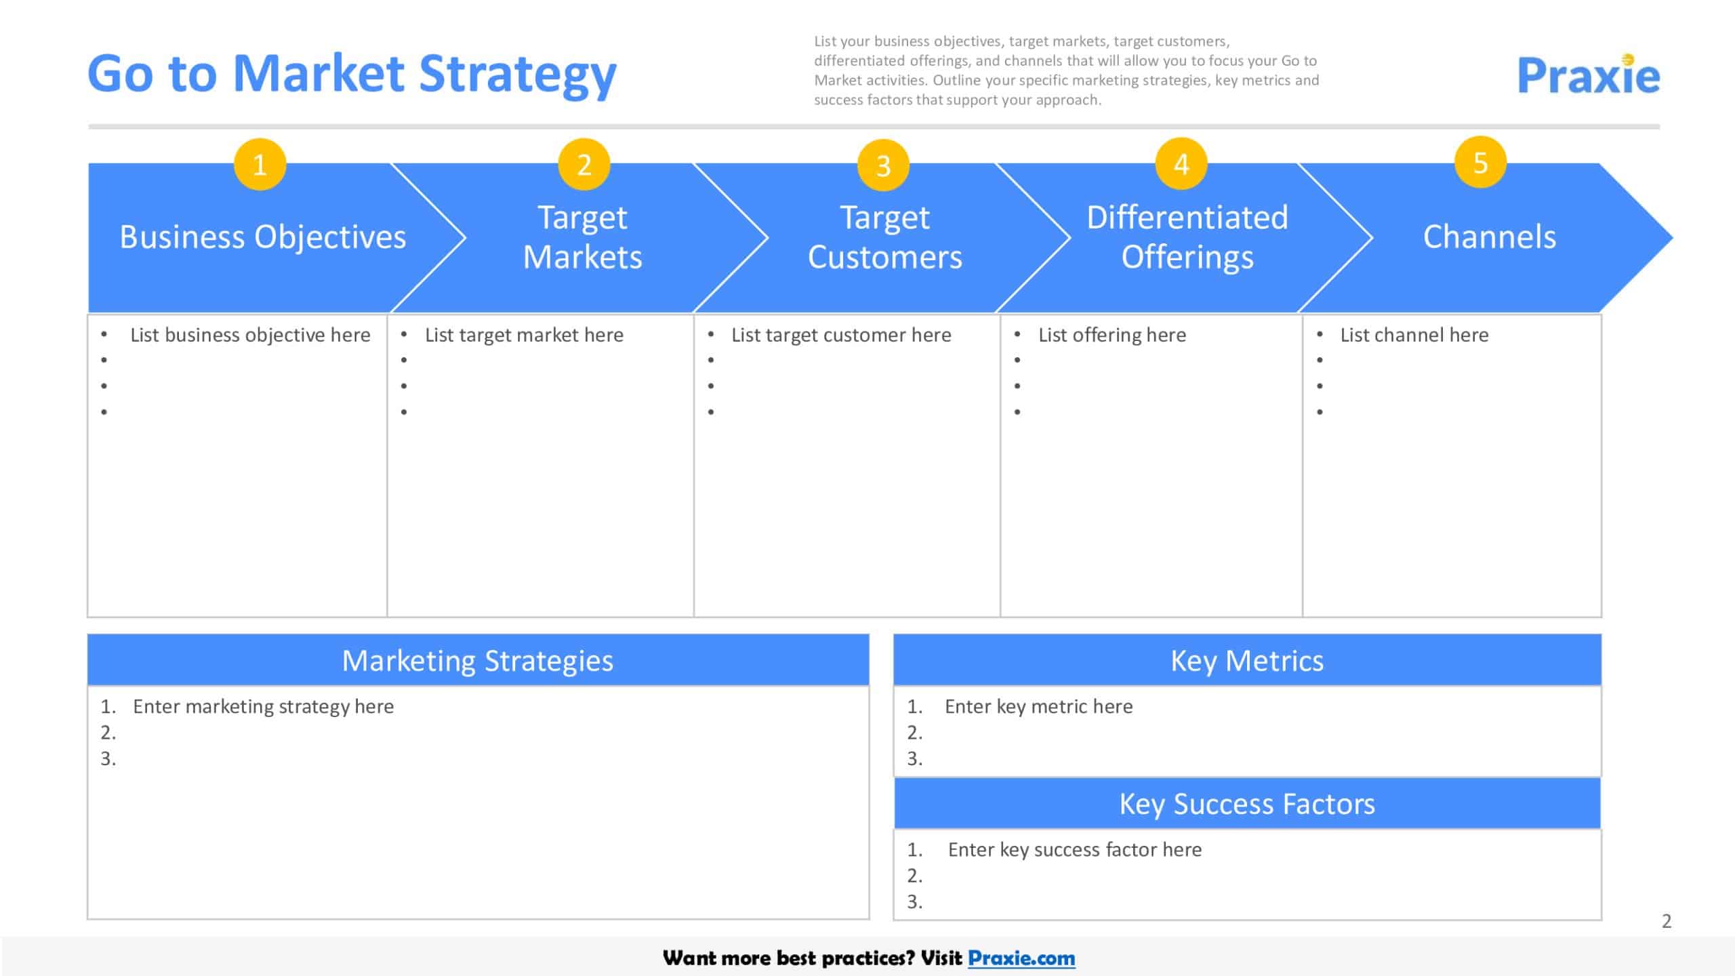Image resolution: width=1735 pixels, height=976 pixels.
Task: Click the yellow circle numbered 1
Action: (260, 165)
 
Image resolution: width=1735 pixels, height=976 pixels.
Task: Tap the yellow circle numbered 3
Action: (883, 165)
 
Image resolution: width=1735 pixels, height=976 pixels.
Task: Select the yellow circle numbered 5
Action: (1480, 163)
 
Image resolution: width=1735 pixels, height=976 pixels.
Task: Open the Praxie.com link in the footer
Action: (1021, 958)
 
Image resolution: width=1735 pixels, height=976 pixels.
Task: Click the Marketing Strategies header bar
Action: (478, 660)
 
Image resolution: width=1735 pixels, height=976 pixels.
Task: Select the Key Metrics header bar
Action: (1247, 660)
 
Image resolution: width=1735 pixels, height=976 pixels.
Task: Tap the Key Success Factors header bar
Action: (1247, 804)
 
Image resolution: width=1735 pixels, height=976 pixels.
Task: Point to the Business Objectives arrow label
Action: (263, 237)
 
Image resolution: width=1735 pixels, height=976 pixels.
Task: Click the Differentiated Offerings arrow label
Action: (1187, 237)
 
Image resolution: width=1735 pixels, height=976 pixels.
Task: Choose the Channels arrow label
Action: (1489, 237)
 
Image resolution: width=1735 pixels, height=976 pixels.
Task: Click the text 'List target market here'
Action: (524, 335)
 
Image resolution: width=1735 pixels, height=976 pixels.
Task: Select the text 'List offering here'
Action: (1112, 335)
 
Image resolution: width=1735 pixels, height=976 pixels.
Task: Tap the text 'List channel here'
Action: (1414, 335)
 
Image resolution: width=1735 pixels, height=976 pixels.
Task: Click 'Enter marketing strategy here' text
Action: (263, 706)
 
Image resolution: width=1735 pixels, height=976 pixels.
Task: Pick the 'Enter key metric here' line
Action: (1038, 706)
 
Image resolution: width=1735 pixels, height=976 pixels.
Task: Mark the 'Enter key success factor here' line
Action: (1074, 849)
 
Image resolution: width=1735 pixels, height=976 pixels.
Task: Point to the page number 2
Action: (1667, 921)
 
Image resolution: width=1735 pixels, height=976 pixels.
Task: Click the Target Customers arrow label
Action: (884, 237)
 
